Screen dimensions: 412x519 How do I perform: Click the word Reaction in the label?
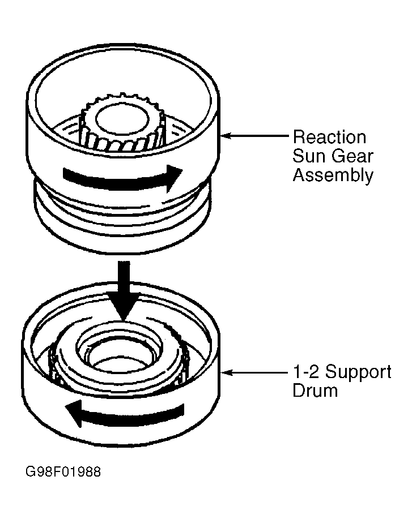coord(329,137)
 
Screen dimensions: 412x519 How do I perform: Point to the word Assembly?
coord(333,175)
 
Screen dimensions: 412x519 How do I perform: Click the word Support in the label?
coord(359,372)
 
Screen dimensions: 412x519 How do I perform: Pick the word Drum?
coord(315,390)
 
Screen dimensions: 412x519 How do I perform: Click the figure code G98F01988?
coord(63,471)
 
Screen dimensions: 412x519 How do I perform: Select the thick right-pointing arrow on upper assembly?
coord(122,179)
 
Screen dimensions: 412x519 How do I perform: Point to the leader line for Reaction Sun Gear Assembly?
coord(254,135)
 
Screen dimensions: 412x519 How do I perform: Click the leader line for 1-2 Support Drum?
coord(254,373)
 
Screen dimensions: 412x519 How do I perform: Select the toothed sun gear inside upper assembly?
coord(121,122)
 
